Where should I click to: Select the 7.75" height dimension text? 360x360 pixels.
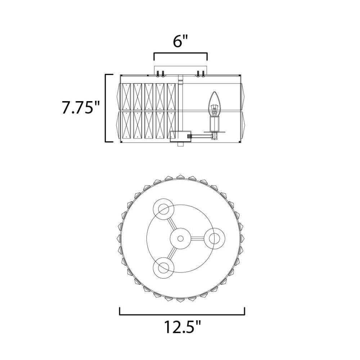[x=81, y=108]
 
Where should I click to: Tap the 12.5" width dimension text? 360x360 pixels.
[x=182, y=327]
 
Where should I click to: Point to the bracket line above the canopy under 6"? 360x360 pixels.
[x=180, y=53]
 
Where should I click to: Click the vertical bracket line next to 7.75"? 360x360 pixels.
[x=106, y=108]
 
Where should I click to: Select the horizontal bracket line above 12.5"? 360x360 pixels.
[x=182, y=314]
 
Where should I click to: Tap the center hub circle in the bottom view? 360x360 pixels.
[x=180, y=239]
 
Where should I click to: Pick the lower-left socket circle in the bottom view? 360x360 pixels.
[x=163, y=268]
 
